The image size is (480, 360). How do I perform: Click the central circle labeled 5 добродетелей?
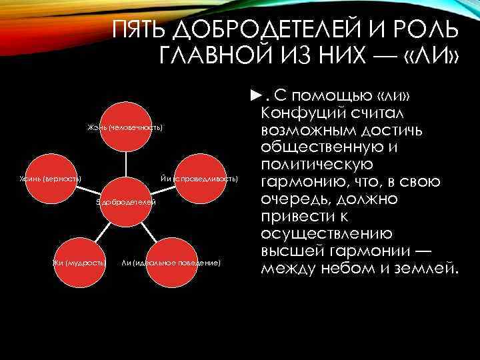coord(126,201)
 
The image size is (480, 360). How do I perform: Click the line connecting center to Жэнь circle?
coord(125,164)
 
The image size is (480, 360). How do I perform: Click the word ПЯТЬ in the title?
coord(138,31)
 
